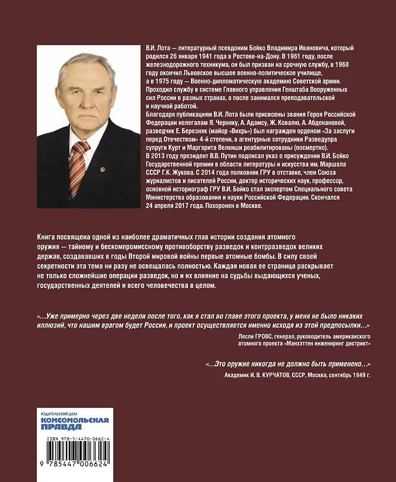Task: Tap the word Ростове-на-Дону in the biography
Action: click(234, 56)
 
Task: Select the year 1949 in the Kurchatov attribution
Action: click(357, 374)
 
